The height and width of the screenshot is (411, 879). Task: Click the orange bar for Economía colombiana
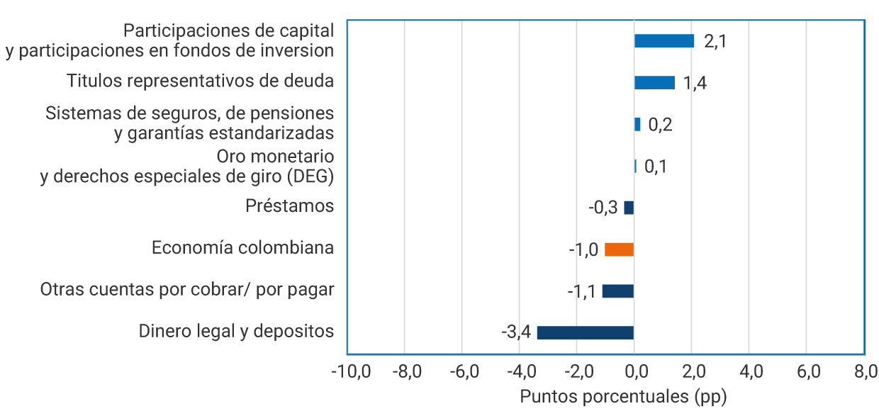[x=619, y=249]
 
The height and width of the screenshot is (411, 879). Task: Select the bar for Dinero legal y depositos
[x=585, y=332]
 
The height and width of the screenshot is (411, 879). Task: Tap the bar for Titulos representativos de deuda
[x=654, y=83]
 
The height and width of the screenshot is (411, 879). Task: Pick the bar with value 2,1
[x=664, y=41]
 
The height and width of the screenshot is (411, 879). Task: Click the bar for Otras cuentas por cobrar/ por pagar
[x=617, y=291]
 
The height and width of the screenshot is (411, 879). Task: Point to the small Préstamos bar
[x=629, y=208]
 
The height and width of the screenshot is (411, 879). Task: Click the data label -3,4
[x=515, y=332]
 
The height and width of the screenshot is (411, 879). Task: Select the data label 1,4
[x=695, y=83]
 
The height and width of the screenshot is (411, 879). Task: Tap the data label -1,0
[x=583, y=250]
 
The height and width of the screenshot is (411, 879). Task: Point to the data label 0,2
[x=660, y=125]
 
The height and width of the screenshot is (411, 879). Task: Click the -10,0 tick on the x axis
[x=350, y=371]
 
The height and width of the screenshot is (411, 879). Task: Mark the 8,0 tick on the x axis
[x=865, y=371]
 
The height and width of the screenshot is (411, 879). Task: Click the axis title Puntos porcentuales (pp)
[x=623, y=396]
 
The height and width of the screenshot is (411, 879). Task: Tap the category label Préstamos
[x=289, y=206]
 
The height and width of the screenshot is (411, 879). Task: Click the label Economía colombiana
[x=242, y=248]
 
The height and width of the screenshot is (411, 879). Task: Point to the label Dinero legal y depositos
[x=236, y=332]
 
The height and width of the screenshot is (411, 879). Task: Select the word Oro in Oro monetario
[x=230, y=155]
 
